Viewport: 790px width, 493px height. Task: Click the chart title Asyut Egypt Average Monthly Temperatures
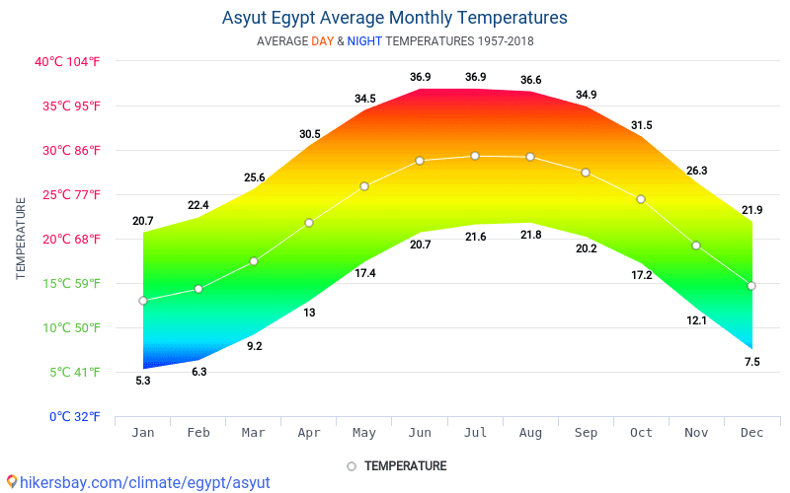395,18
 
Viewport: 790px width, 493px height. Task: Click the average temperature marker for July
475,156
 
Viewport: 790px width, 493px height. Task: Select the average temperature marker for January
143,301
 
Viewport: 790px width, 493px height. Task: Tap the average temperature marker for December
751,286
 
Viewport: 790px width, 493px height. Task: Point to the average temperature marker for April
309,223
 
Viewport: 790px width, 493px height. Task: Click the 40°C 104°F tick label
68,62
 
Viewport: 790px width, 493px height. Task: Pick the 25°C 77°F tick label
68,194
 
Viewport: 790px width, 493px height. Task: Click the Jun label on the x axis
420,433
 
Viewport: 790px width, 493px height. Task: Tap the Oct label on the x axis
641,433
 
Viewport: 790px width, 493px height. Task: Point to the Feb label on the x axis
198,433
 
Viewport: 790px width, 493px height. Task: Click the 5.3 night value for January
143,381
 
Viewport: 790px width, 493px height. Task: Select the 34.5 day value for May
365,99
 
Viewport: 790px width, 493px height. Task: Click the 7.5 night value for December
751,362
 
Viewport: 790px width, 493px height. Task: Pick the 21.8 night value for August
531,235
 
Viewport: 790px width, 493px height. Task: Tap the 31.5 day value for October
642,125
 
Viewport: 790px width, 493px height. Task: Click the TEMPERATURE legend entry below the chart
405,466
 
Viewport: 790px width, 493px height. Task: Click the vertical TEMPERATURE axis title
21,239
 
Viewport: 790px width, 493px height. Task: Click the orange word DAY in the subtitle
322,41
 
